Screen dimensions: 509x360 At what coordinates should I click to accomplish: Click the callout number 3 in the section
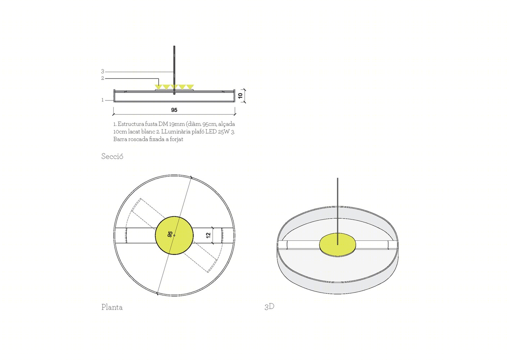(x=103, y=71)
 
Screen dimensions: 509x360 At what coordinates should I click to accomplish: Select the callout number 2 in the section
(x=103, y=78)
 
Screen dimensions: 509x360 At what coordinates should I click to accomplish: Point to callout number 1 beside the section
(x=103, y=100)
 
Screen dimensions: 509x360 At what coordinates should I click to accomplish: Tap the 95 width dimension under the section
(x=174, y=110)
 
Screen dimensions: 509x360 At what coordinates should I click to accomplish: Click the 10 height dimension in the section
(x=240, y=95)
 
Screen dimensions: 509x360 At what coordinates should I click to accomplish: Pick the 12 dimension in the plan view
(x=208, y=235)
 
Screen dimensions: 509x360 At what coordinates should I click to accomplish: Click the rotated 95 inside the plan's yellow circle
(x=170, y=234)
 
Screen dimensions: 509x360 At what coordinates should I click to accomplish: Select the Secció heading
(x=112, y=157)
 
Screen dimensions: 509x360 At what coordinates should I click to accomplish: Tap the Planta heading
(x=112, y=307)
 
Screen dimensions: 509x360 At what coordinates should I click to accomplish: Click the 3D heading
(x=269, y=307)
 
